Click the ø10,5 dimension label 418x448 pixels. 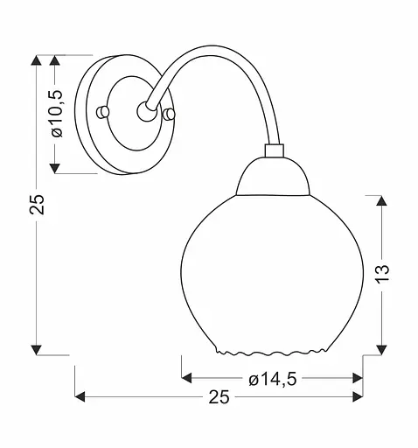[x=58, y=114]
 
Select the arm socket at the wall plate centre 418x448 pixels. [x=144, y=110]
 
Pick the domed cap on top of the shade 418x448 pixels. [x=273, y=179]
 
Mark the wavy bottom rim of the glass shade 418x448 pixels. [x=272, y=353]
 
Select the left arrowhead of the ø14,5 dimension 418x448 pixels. [x=186, y=379]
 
